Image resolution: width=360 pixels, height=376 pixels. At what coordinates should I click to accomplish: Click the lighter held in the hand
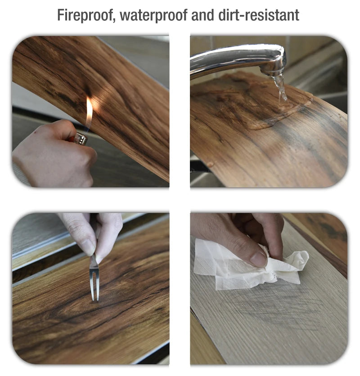click(80, 138)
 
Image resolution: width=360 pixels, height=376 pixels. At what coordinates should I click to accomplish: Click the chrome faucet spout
click(238, 58)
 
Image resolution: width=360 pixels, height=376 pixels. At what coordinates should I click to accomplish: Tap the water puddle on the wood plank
click(274, 113)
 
